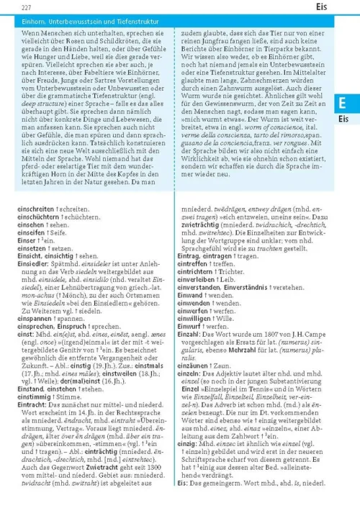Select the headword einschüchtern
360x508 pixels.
click(x=37, y=215)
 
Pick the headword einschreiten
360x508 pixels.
click(x=37, y=207)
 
